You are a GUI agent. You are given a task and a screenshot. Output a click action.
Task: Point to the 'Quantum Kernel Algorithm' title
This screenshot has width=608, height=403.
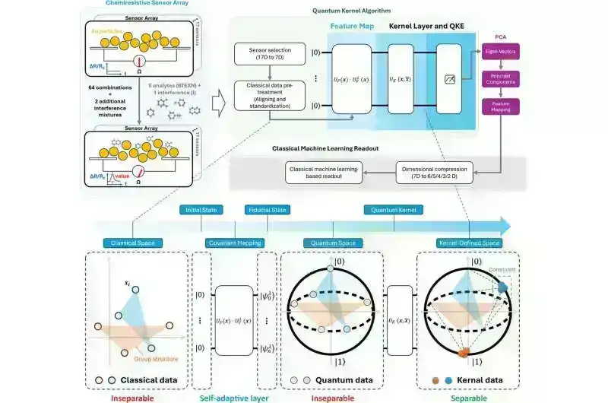tap(346, 11)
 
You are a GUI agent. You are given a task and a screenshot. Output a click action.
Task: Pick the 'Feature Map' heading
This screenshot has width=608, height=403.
tap(350, 27)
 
